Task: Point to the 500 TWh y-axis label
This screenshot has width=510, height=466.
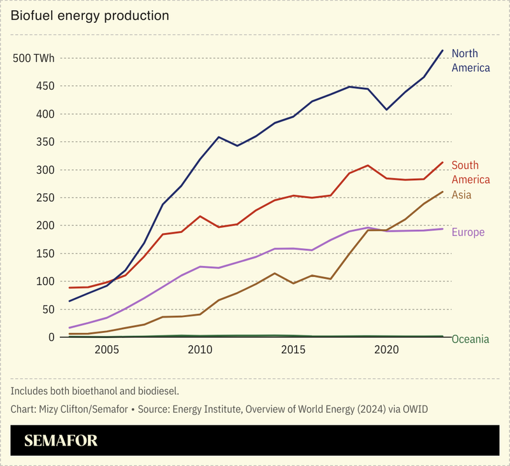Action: tap(34, 59)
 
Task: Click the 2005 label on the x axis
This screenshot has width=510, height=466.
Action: tap(106, 350)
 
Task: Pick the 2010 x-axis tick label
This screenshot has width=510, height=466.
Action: tap(200, 350)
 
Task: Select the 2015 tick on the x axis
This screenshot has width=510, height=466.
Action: tap(293, 350)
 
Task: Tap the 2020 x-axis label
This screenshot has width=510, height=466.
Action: tap(386, 350)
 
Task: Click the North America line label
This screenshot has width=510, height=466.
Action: tap(470, 60)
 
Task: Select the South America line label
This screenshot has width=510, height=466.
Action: tap(470, 173)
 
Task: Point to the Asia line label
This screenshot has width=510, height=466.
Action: tap(462, 195)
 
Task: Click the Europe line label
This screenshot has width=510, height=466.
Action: tap(468, 232)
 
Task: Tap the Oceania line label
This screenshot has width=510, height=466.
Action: tap(470, 339)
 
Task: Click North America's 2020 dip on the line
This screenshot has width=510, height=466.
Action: tap(386, 109)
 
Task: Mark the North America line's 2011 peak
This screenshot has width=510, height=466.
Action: tap(219, 137)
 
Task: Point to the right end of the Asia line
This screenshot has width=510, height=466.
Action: tap(442, 192)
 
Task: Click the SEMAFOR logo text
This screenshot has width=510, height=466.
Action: tap(61, 441)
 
